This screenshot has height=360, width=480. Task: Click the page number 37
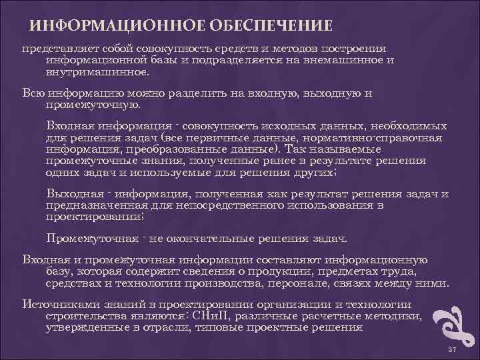[451, 349]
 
